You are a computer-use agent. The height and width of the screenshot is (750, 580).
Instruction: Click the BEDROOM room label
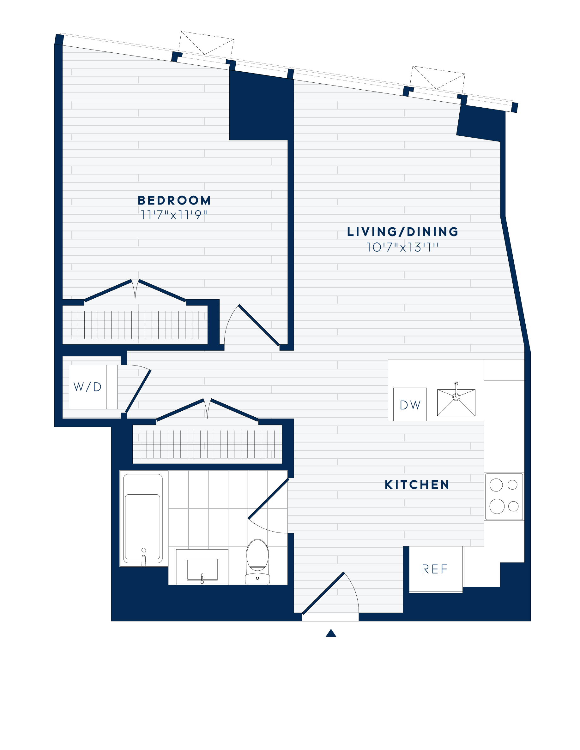[174, 200]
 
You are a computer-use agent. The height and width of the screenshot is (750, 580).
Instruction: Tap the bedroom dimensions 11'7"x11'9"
[174, 215]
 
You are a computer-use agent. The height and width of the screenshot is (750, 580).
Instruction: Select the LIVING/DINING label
[402, 232]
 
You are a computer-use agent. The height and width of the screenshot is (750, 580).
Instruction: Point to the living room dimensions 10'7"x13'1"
[402, 247]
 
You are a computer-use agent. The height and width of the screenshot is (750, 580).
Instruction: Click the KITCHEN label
[417, 485]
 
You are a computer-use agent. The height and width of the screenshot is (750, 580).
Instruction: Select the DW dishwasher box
[410, 405]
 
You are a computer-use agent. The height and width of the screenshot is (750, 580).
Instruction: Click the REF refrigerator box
[435, 569]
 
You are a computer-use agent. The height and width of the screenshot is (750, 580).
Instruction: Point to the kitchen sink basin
[456, 402]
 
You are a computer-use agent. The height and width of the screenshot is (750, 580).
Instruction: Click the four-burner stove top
[504, 497]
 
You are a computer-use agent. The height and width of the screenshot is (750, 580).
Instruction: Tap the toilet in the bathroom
[257, 560]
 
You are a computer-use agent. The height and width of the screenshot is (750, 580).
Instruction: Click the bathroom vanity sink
[202, 569]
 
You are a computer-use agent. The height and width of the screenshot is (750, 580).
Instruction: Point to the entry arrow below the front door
[331, 633]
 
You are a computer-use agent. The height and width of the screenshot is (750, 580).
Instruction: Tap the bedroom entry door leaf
[259, 325]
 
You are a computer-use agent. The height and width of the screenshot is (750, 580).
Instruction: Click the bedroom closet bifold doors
[135, 290]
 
